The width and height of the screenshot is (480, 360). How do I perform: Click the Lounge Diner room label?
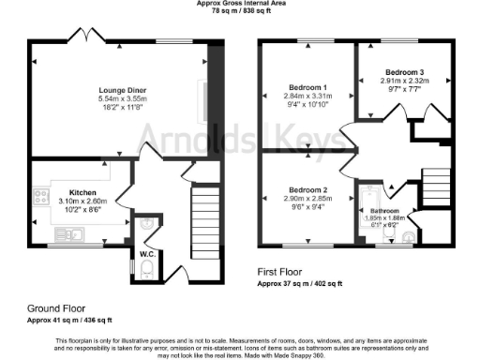(123, 90)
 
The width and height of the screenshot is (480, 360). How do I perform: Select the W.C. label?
(147, 253)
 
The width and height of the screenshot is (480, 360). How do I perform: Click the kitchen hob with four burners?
(41, 197)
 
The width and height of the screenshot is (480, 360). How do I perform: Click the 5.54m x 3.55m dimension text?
(123, 99)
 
